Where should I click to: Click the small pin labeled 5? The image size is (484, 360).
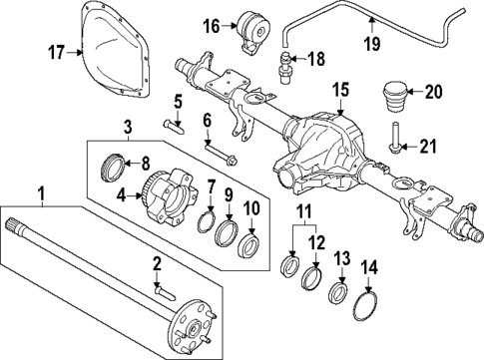pos(172,125)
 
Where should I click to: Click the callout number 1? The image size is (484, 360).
pos(40,192)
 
